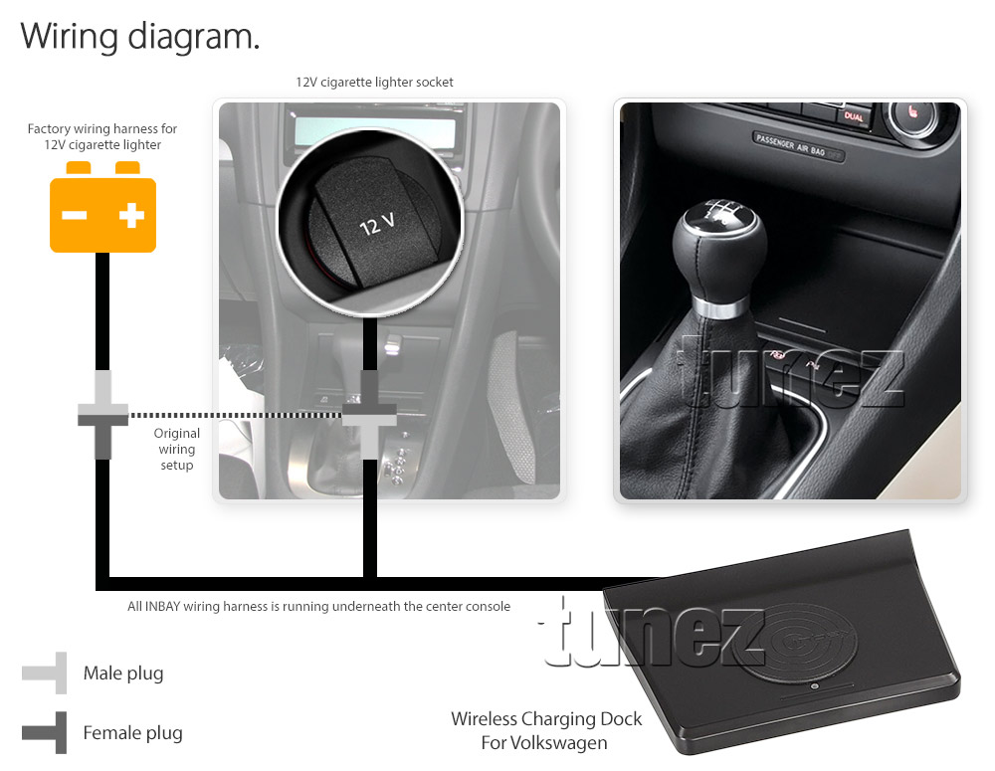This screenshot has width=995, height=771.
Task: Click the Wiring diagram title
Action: (140, 37)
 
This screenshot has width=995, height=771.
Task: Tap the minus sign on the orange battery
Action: (75, 216)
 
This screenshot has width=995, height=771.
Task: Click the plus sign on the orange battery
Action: (132, 215)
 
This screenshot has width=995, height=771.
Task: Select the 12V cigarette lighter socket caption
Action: (374, 82)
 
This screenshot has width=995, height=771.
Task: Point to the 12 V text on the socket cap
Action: (377, 224)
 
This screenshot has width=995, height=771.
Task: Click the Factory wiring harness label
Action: (102, 136)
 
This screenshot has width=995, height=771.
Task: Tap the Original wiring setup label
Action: (176, 449)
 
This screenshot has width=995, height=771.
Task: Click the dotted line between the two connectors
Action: (236, 415)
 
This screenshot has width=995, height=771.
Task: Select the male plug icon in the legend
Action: (45, 673)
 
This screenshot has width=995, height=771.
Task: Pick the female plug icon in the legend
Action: (45, 732)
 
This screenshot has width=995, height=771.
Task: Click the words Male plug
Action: (123, 674)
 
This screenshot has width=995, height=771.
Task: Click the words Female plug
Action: (132, 733)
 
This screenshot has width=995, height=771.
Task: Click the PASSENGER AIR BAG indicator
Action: (798, 146)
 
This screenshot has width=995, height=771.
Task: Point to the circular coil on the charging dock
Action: (794, 643)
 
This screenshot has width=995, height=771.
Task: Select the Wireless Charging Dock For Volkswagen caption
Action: (545, 730)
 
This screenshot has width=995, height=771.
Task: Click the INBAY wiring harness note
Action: (318, 606)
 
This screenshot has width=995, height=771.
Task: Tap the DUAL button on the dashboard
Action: (854, 116)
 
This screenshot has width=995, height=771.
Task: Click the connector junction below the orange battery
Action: (102, 415)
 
